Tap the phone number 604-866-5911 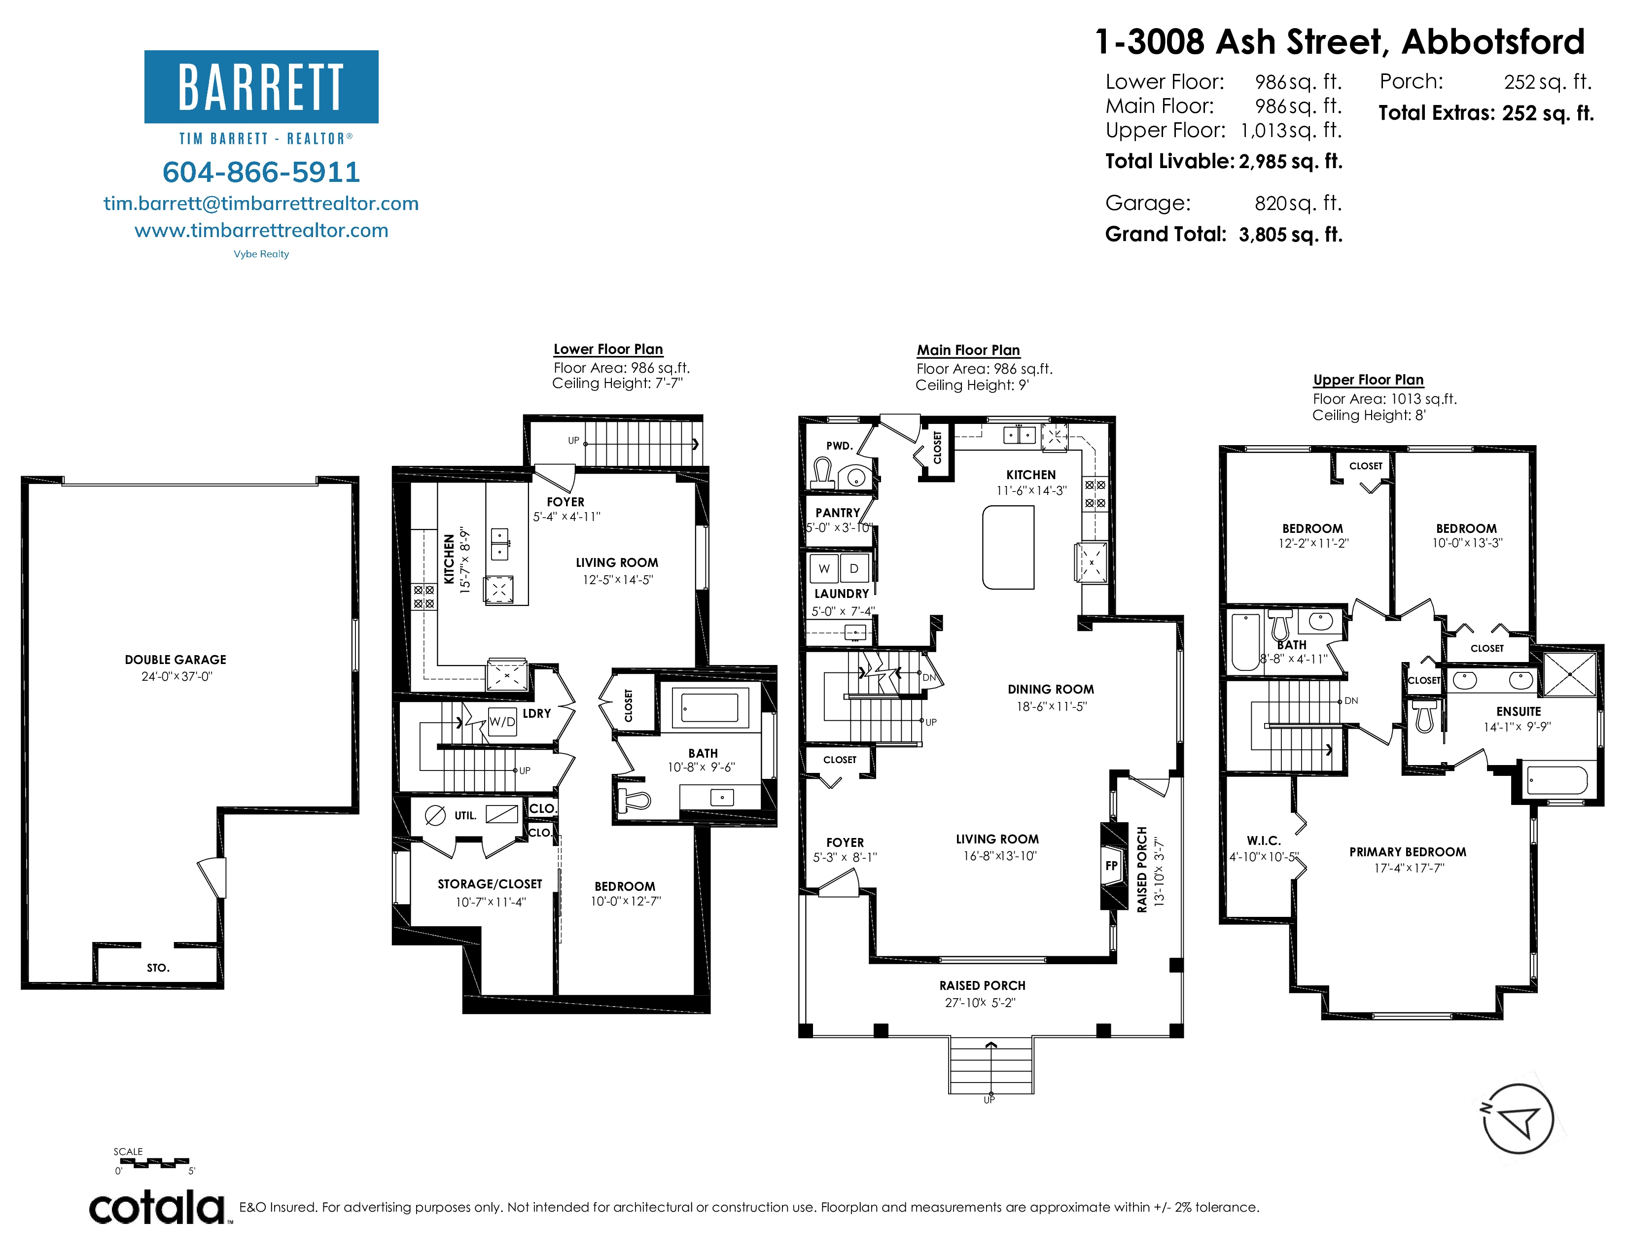[x=261, y=172]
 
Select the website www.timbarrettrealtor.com [x=261, y=230]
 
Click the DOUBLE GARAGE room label [x=176, y=660]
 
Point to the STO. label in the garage [x=158, y=968]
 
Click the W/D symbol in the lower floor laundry [x=502, y=722]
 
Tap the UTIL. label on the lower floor [x=465, y=815]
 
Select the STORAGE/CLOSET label [x=490, y=884]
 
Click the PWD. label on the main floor [x=839, y=446]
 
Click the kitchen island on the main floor [x=1009, y=547]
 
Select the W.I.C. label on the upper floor [x=1264, y=841]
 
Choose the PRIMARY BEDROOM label [x=1408, y=852]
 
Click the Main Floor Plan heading [x=968, y=350]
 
